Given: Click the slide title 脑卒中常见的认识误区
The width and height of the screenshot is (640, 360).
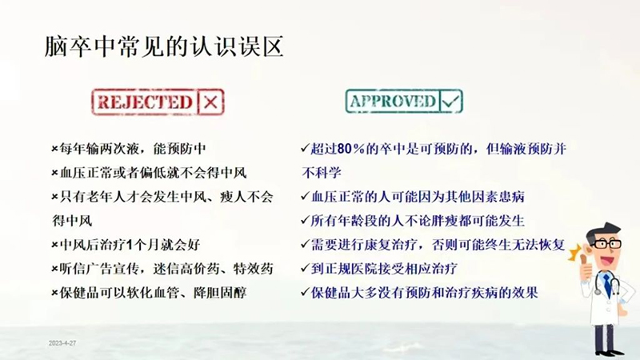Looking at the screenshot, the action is point(164,47).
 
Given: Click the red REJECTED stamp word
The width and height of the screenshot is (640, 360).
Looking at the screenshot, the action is point(145,102).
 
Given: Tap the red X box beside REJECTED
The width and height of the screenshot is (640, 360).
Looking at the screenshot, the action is point(210,102).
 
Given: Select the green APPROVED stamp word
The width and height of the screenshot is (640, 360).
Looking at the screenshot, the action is point(393,102).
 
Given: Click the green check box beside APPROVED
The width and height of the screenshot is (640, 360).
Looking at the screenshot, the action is point(450,102).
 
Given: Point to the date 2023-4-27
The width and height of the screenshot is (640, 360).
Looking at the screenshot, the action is point(62,343).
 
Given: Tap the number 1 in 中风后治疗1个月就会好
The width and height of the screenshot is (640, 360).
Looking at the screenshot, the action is point(130,246).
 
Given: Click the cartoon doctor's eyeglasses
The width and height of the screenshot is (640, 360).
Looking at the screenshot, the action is point(607,244).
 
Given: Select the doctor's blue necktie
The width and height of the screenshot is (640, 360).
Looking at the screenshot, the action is point(608,285).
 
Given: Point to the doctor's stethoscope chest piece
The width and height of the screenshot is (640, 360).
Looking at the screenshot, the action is point(598,292).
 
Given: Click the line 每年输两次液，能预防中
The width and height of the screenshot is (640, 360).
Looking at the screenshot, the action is point(129,149).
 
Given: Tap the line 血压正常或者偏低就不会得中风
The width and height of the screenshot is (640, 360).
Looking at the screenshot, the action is point(150,173).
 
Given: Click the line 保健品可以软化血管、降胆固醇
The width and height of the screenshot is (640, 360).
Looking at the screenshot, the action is point(150,293).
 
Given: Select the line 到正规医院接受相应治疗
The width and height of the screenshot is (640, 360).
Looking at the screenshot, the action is point(379,269).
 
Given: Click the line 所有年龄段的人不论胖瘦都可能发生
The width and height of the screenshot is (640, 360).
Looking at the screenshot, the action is point(413,221).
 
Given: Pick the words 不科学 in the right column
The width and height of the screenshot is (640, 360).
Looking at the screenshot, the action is point(322,173).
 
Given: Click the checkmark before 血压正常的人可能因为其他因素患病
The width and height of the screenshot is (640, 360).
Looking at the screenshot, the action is point(306,196).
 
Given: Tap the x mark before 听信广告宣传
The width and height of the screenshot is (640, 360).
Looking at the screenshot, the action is point(54,270).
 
